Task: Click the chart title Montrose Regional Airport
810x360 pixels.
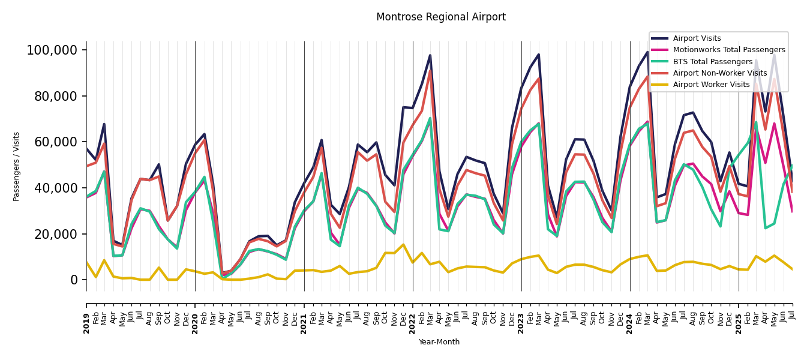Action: click(440, 17)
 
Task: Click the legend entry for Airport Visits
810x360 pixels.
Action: click(697, 38)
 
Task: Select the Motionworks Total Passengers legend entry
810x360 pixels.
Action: click(728, 50)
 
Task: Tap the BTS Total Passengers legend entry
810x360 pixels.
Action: click(712, 62)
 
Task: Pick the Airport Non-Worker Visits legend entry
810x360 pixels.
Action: click(719, 73)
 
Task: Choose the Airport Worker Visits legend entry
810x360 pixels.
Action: click(711, 85)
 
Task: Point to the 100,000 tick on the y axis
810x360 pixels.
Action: click(52, 50)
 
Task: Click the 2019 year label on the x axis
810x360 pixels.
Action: click(86, 323)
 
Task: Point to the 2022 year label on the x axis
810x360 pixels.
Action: click(413, 323)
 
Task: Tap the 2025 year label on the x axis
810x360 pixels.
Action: click(739, 323)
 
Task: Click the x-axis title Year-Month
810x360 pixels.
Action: click(439, 342)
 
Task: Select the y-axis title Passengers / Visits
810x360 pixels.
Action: click(17, 166)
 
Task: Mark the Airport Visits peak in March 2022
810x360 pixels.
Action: click(430, 55)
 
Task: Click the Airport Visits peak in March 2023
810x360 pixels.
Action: click(539, 55)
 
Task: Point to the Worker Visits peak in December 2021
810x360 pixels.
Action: click(403, 244)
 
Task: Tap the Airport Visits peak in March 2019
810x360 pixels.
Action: click(104, 124)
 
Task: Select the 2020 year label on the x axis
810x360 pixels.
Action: click(195, 323)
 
